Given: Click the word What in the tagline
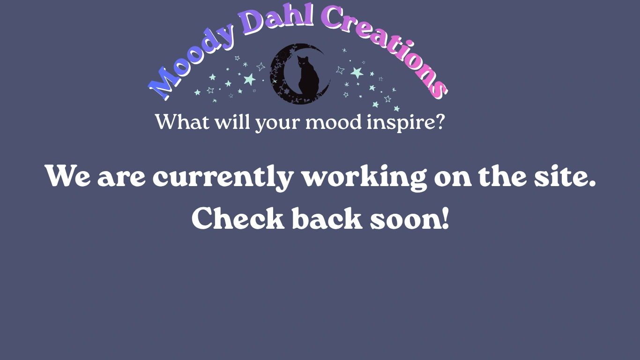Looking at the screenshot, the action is [x=182, y=121].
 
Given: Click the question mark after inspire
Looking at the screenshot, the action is [x=438, y=121].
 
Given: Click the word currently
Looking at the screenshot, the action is [x=223, y=177].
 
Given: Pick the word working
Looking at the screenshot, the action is [x=365, y=177].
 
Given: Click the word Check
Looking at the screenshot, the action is [x=238, y=218].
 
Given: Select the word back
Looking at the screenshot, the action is [x=327, y=218].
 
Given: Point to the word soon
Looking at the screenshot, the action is [x=405, y=220].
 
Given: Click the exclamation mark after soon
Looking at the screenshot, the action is [x=445, y=218].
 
